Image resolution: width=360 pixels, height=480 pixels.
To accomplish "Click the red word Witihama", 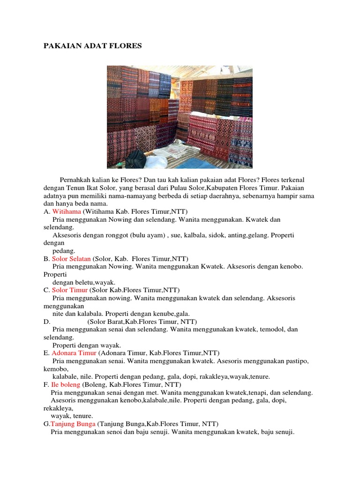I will (x=67, y=211).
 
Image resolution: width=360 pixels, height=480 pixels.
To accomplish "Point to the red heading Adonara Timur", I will (x=74, y=352).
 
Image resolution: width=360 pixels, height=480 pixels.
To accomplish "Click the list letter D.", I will (x=46, y=322).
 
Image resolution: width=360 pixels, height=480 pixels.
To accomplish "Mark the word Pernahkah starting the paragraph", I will (x=75, y=180).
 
